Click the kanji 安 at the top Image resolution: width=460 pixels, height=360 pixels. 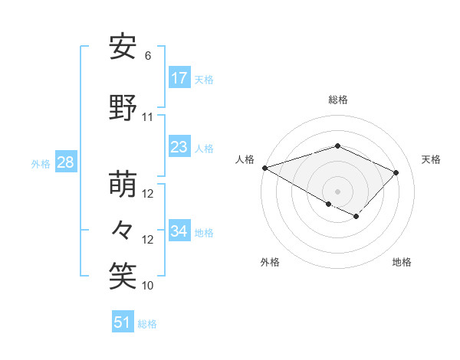123,47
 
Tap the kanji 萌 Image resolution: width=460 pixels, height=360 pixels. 123,185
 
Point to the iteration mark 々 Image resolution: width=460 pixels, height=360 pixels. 123,230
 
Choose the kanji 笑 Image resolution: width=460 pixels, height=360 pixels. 123,275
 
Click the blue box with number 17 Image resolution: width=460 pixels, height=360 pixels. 179,78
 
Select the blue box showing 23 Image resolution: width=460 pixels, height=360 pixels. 179,147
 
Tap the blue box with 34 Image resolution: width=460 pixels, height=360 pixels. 179,231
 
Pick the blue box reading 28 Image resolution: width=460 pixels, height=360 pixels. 66,162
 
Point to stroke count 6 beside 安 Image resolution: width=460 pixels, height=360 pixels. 148,56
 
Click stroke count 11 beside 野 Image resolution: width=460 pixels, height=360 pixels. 148,117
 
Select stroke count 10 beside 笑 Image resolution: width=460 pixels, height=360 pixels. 148,286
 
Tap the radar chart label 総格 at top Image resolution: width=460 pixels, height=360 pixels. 337,100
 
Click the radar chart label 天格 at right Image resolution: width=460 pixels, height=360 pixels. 431,159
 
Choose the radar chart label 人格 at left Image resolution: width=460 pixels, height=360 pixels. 245,159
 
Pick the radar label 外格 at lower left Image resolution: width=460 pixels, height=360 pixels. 270,262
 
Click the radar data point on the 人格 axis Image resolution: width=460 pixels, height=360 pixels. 264,168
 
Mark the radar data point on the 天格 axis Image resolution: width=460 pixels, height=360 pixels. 396,172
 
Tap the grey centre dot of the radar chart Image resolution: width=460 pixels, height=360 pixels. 337,191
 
